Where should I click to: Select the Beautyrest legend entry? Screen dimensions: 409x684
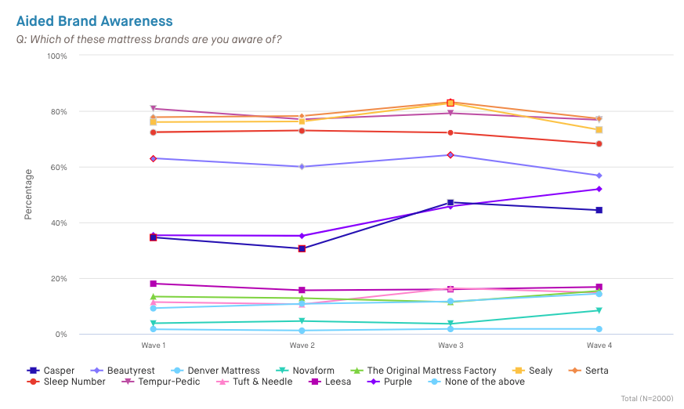tap(125, 371)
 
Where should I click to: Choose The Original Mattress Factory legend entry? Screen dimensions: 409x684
tap(424, 371)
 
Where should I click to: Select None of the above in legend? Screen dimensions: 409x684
tap(477, 382)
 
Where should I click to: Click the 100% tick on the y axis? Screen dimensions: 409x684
tap(56, 56)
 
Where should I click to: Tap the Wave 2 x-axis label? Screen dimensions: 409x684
tap(302, 345)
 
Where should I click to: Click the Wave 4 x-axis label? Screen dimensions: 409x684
tap(599, 345)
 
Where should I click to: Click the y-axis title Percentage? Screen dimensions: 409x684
tap(28, 194)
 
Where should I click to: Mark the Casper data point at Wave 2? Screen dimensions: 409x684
tap(302, 248)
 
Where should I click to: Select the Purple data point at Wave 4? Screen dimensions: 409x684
tap(599, 189)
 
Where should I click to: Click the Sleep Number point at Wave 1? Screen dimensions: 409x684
tap(154, 132)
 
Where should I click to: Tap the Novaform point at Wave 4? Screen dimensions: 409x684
tap(599, 310)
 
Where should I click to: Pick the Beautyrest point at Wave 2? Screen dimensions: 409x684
tap(302, 167)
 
